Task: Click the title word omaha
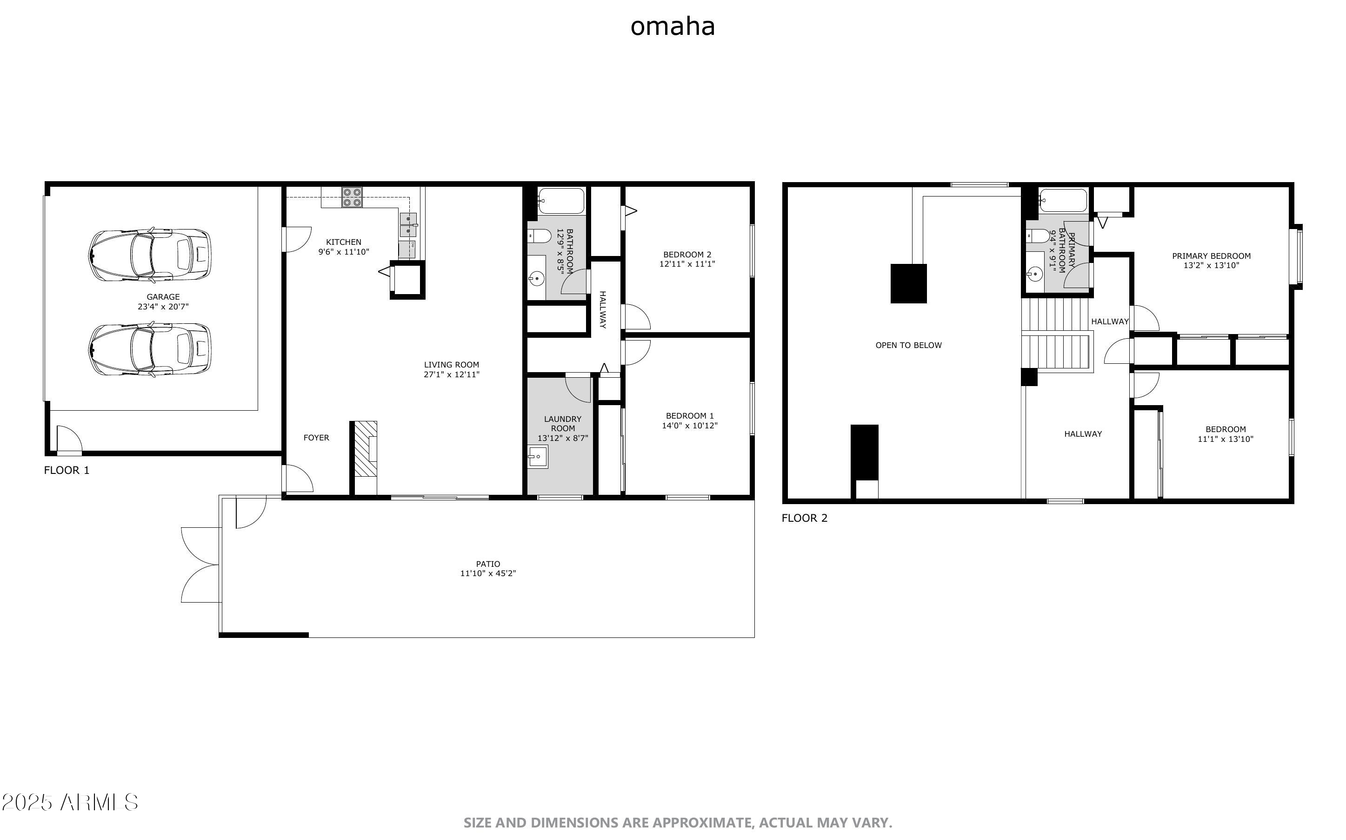pyautogui.click(x=672, y=26)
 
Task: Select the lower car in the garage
pyautogui.click(x=150, y=349)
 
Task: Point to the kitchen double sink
pyautogui.click(x=407, y=224)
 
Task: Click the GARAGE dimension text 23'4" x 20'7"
pyautogui.click(x=163, y=307)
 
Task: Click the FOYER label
pyautogui.click(x=316, y=438)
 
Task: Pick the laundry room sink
pyautogui.click(x=538, y=457)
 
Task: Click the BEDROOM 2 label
pyautogui.click(x=686, y=255)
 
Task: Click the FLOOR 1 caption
pyautogui.click(x=67, y=471)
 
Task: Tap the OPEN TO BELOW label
pyautogui.click(x=908, y=346)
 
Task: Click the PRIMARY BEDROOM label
pyautogui.click(x=1211, y=256)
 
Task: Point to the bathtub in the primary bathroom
pyautogui.click(x=1062, y=201)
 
